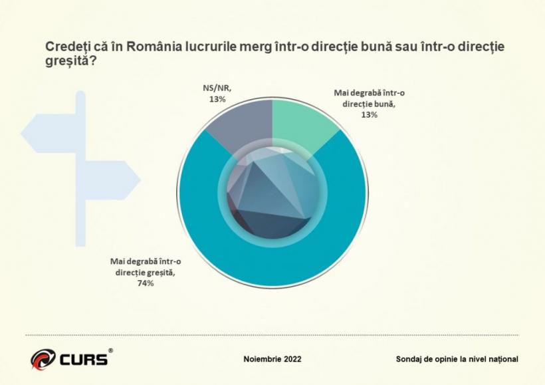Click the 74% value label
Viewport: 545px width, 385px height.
tap(146, 283)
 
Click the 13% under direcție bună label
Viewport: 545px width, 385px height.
tap(370, 114)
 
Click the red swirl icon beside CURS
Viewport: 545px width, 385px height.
tap(43, 359)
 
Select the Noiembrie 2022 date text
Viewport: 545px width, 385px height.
tap(272, 359)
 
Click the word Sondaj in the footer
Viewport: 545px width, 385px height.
tap(410, 359)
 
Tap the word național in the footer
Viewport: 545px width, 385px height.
tap(502, 359)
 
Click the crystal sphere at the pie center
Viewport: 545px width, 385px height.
tap(272, 193)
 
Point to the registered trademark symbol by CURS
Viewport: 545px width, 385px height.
tap(110, 350)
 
